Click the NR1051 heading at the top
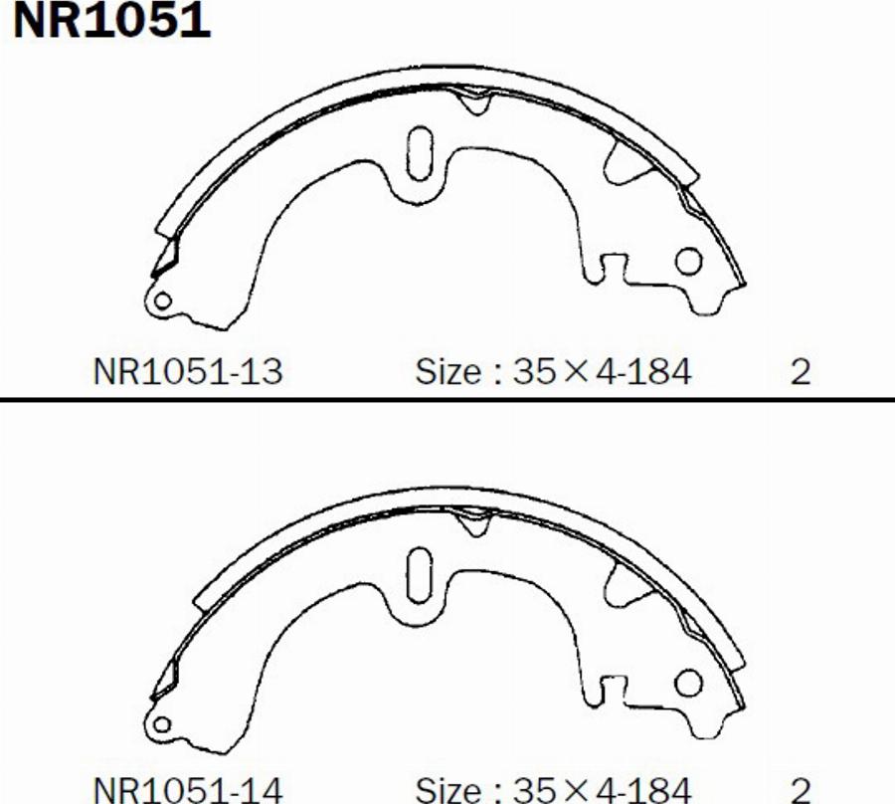point(111,21)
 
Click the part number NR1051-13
point(188,372)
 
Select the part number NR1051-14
point(188,790)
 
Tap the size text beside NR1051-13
point(553,372)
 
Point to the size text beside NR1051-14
point(553,790)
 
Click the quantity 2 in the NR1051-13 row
point(801,372)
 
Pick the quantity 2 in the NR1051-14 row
point(801,791)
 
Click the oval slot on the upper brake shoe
point(420,153)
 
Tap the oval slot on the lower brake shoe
point(420,575)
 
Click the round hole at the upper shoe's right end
point(688,262)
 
